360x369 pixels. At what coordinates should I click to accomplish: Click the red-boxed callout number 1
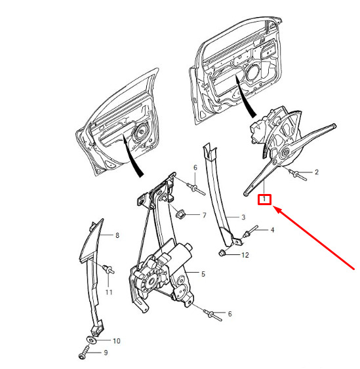click(x=264, y=199)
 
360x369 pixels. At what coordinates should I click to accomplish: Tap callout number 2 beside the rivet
click(x=317, y=172)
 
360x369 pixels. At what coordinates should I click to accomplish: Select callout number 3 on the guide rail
click(x=243, y=217)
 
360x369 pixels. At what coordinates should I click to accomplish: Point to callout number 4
click(x=272, y=229)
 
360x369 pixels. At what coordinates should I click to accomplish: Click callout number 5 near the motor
click(x=203, y=274)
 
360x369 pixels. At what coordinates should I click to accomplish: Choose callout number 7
click(x=205, y=215)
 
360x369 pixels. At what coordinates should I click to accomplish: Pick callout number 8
click(x=117, y=235)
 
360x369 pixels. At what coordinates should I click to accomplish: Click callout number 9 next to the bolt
click(x=106, y=353)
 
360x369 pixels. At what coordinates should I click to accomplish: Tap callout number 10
click(x=117, y=341)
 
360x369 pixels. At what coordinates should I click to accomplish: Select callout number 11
click(x=109, y=292)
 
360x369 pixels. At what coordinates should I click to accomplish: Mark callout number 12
click(x=245, y=255)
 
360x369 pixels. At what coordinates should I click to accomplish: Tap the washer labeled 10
click(x=91, y=340)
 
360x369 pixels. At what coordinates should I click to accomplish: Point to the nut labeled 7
click(x=180, y=214)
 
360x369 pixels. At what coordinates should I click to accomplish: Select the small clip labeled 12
click(x=222, y=254)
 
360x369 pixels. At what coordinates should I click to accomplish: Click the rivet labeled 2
click(x=298, y=175)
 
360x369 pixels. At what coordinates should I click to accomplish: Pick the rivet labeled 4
click(x=250, y=231)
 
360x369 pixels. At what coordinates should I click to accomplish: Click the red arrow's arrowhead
click(x=279, y=210)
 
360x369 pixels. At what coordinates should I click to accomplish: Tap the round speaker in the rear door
click(x=142, y=132)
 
